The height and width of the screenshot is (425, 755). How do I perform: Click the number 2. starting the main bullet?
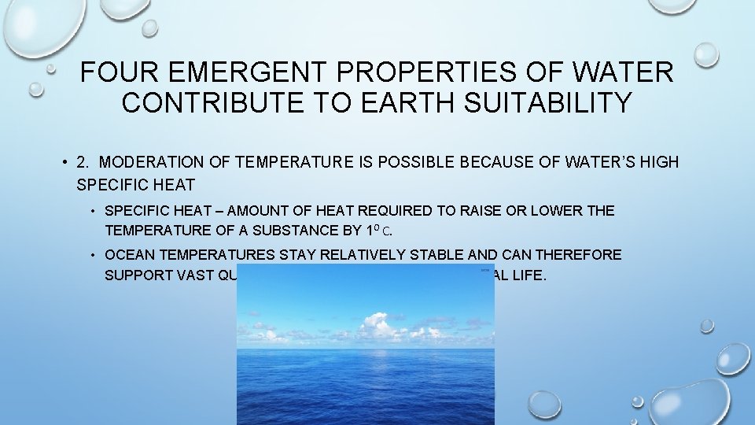(84, 162)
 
